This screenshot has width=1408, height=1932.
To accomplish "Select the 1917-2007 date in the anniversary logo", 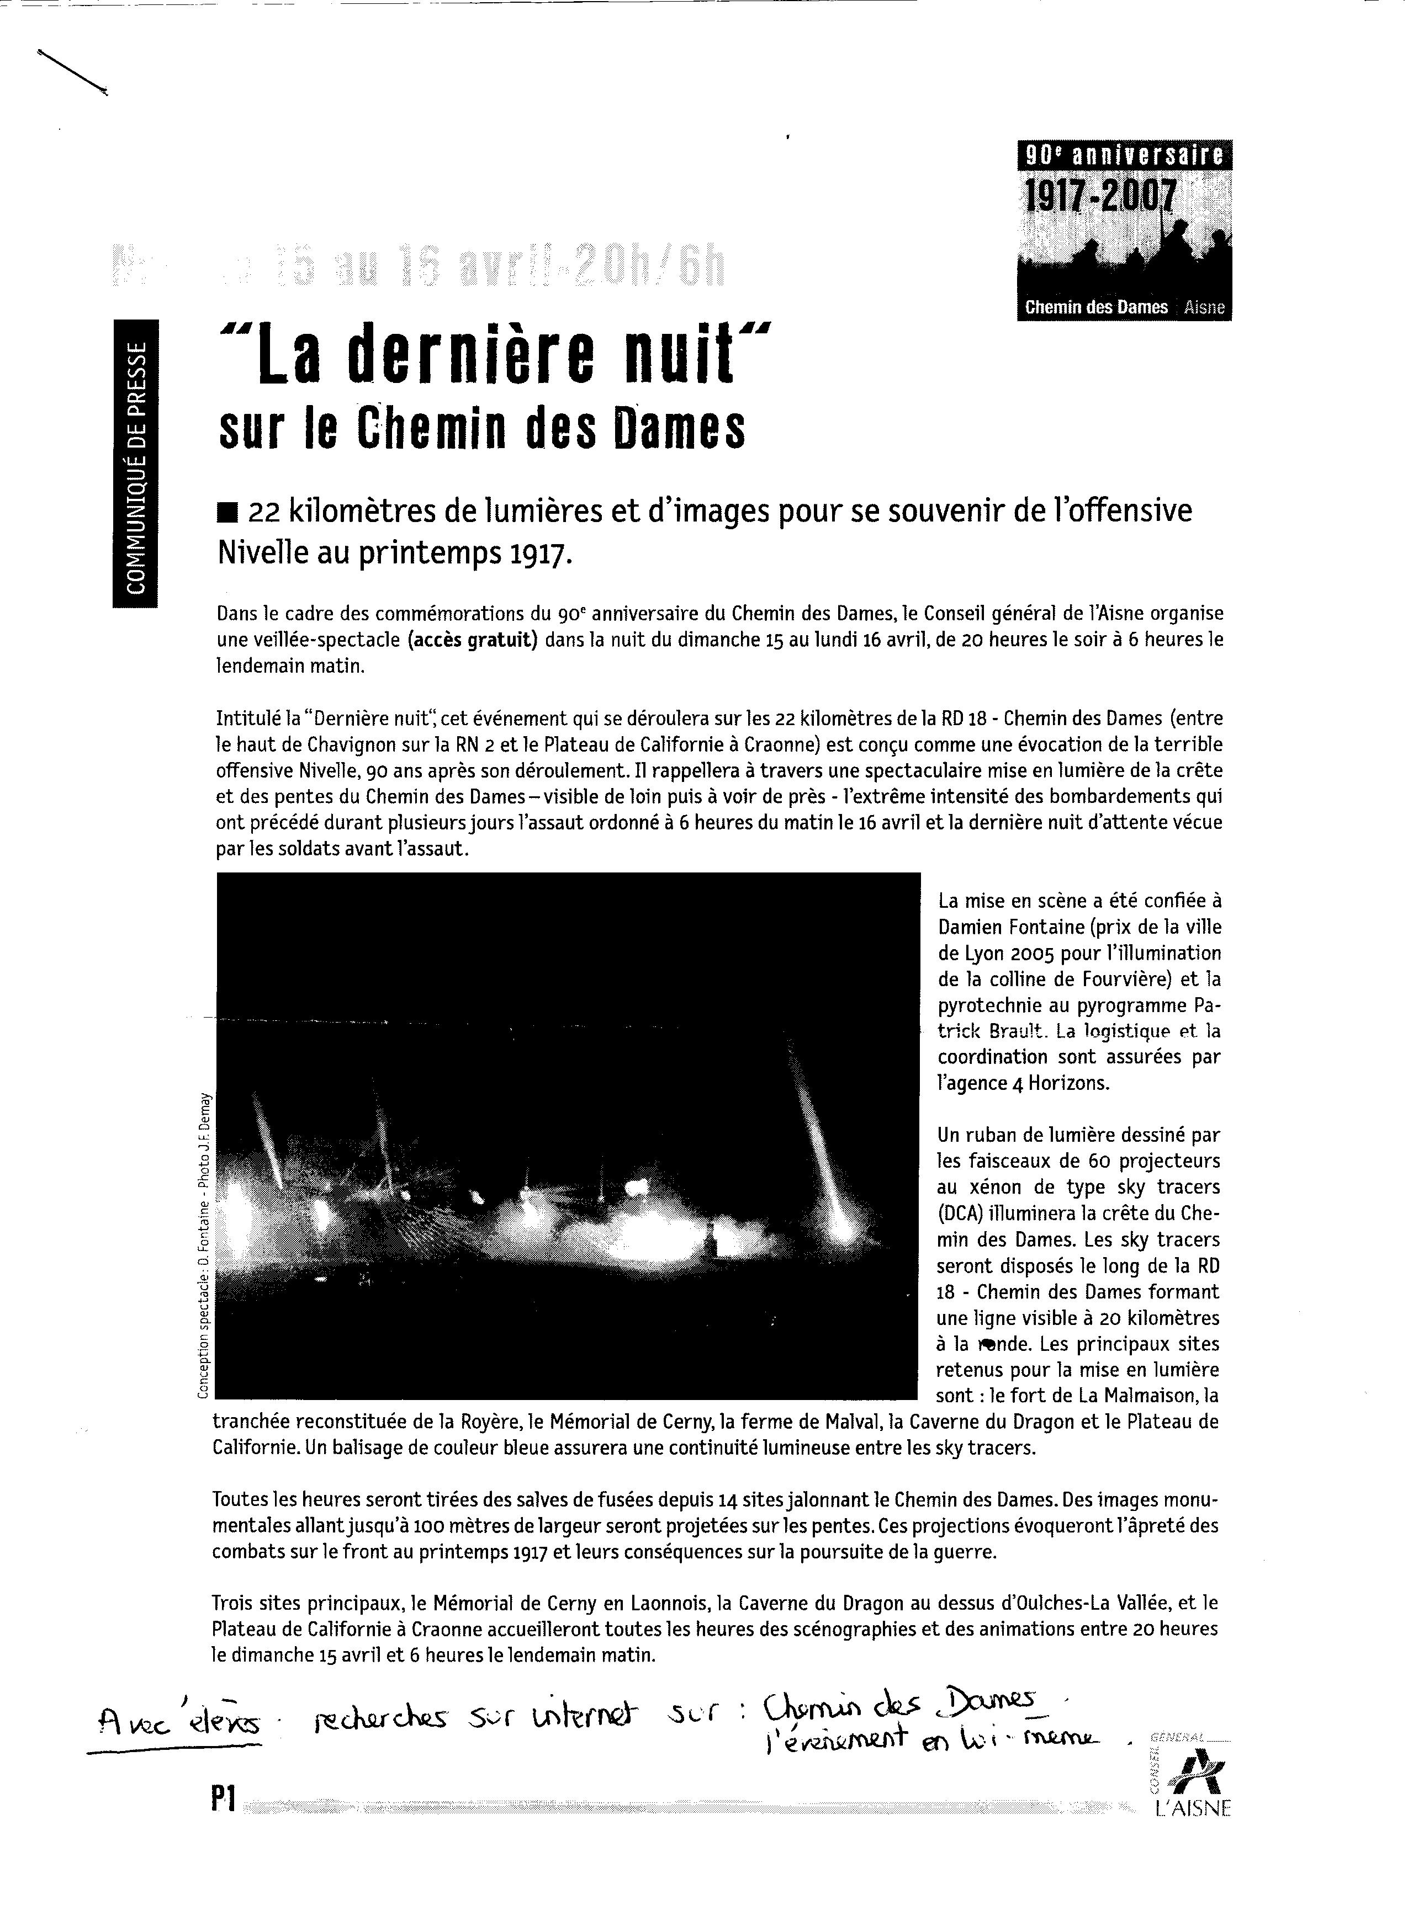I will (x=1099, y=198).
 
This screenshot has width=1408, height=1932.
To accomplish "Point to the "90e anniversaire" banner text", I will (x=1124, y=154).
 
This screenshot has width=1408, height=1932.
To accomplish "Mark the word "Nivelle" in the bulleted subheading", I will (x=257, y=555).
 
